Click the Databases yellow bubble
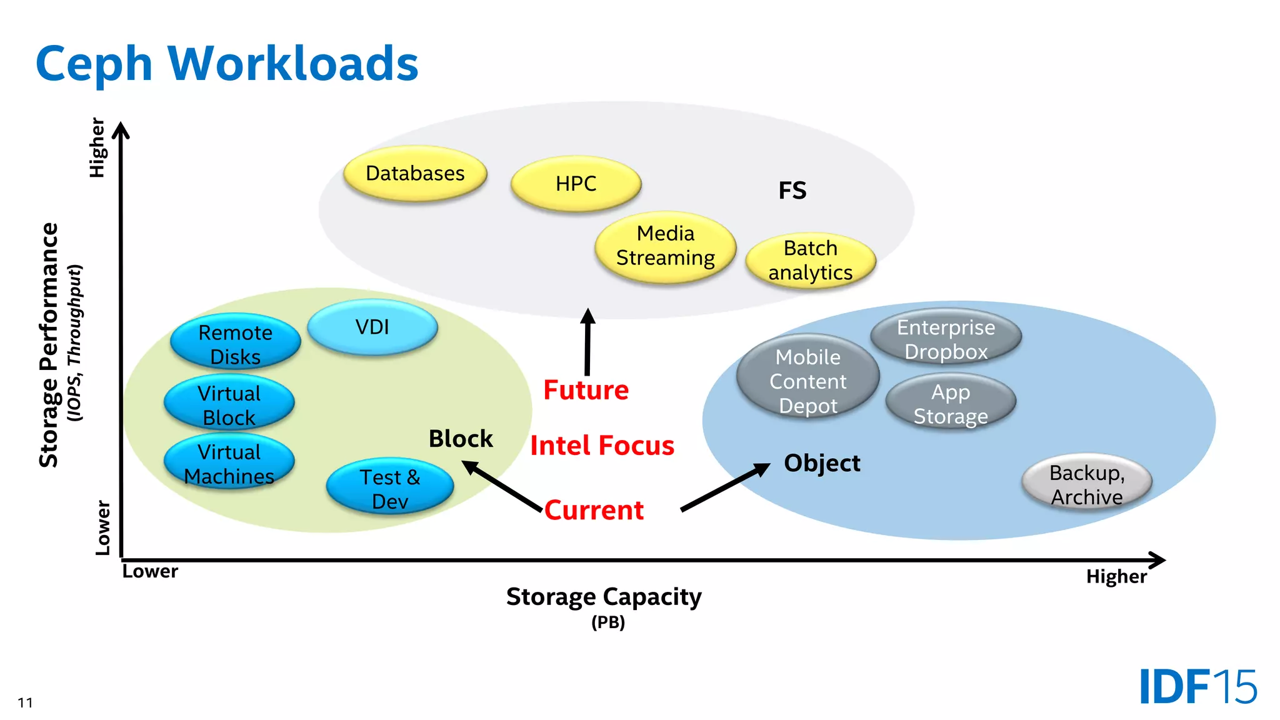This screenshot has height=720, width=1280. pos(415,173)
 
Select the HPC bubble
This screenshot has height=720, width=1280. pos(576,183)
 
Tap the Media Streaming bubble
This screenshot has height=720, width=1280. pos(666,246)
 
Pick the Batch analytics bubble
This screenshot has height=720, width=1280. pos(811,261)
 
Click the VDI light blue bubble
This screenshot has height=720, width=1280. pos(372,327)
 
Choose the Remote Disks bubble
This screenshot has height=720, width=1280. pos(235,342)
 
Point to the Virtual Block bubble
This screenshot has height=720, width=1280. pos(229,404)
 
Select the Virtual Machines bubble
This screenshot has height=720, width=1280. pos(229,463)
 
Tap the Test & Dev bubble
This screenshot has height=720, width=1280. pos(390,488)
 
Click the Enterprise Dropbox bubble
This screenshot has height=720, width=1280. pos(946,338)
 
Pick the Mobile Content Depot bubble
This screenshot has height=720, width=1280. pos(807,380)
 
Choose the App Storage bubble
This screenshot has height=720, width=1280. pos(951,403)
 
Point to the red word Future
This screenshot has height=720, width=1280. pos(586,390)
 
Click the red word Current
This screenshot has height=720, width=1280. pos(594,510)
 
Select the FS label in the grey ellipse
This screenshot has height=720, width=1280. pos(792,190)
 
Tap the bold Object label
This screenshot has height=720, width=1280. pos(822,463)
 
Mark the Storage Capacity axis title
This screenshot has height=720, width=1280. pos(604,597)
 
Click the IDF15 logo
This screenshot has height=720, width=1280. pos(1197,687)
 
